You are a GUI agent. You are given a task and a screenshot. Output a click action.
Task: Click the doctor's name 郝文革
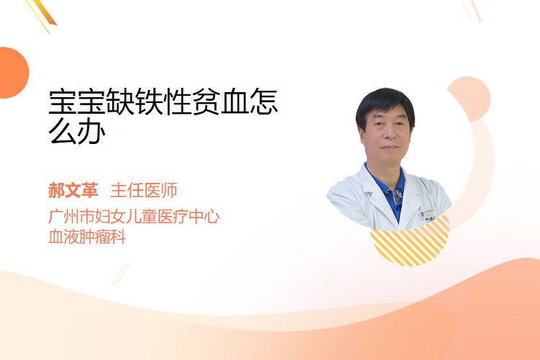pyautogui.click(x=73, y=191)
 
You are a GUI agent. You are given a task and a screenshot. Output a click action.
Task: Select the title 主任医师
pyautogui.click(x=144, y=191)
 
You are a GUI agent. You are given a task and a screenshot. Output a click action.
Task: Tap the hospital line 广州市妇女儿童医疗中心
pyautogui.click(x=134, y=217)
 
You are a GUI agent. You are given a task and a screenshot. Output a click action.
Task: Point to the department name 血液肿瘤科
pyautogui.click(x=87, y=237)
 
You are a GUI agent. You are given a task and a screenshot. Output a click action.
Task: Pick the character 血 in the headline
pyautogui.click(x=235, y=102)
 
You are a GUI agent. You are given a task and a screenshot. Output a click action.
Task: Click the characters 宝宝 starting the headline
pyautogui.click(x=77, y=102)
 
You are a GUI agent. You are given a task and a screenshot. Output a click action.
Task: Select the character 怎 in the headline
pyautogui.click(x=264, y=102)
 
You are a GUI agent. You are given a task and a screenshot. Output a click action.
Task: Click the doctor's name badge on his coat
pyautogui.click(x=428, y=215)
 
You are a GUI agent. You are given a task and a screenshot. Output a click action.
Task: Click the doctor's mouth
pyautogui.click(x=390, y=148)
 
